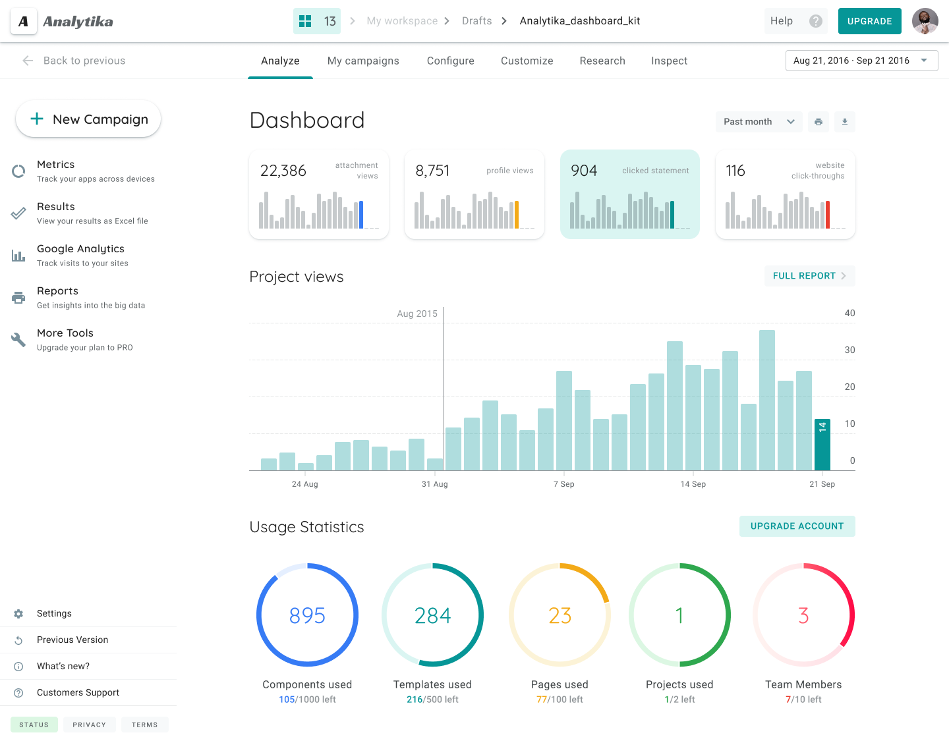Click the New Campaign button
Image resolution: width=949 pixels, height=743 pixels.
pos(88,119)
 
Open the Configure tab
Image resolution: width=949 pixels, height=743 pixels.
pos(450,61)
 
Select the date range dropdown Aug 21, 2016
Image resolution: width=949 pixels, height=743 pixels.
pos(861,61)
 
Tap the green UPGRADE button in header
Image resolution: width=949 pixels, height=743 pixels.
pos(869,21)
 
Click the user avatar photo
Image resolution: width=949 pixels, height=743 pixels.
pos(925,21)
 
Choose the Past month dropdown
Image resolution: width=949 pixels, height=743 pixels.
pos(759,122)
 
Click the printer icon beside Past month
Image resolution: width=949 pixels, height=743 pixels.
pos(819,122)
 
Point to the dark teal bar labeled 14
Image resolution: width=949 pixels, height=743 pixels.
pos(822,445)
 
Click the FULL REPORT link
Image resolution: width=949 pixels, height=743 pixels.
pos(809,276)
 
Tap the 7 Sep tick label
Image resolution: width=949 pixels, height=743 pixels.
pos(563,484)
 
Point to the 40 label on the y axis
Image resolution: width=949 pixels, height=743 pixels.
pos(849,314)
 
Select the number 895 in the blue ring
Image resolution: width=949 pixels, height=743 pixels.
pos(307,615)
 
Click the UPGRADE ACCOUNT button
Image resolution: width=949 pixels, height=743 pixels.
pos(797,526)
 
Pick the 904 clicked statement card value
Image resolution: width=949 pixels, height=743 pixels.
pos(584,171)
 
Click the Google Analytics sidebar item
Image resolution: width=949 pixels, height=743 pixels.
pos(80,249)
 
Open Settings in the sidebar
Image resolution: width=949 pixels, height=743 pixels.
pos(54,613)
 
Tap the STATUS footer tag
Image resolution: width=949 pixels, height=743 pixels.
pos(34,725)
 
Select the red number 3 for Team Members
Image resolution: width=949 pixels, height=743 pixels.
pos(803,615)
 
